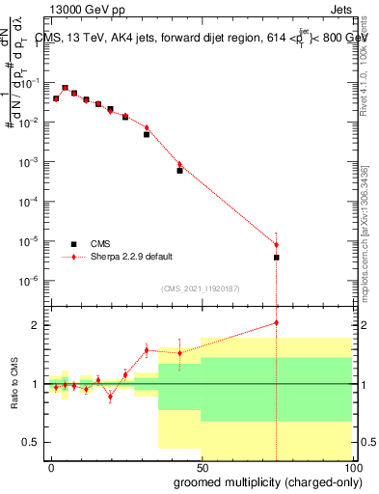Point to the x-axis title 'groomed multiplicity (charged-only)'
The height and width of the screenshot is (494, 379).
coord(263,481)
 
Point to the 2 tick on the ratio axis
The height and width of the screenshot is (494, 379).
coord(35,325)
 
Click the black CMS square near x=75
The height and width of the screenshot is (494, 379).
coord(277,258)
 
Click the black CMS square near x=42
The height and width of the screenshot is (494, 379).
coord(179,171)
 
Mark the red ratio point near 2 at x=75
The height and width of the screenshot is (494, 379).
coord(277,322)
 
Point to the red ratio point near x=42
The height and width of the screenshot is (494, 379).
coord(179,352)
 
